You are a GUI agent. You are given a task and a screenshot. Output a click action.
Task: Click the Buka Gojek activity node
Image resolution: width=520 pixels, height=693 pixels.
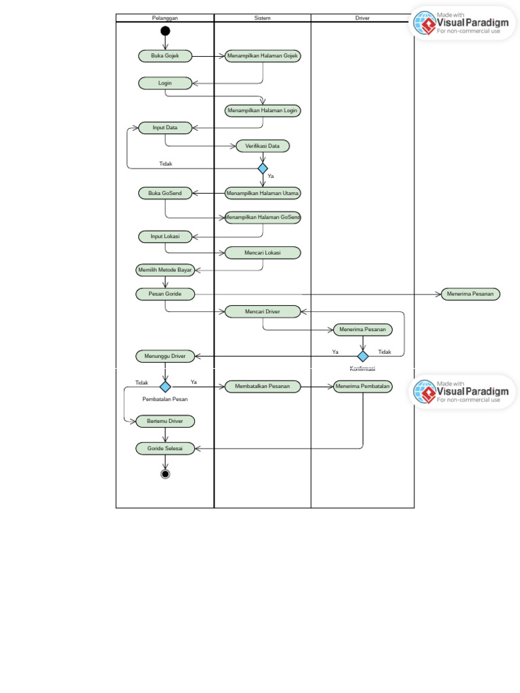[x=165, y=56]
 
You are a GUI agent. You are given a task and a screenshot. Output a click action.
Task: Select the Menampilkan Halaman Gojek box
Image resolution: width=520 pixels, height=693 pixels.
[x=263, y=56]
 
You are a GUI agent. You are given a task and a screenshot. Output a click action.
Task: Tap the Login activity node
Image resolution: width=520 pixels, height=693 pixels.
[x=165, y=83]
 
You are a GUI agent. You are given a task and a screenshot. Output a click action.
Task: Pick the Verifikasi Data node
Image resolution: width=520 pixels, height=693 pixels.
[x=263, y=146]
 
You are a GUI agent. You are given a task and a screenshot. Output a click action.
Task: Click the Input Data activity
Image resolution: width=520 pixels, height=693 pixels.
[x=165, y=127]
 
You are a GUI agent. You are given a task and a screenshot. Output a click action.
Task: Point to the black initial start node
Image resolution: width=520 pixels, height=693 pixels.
[x=165, y=31]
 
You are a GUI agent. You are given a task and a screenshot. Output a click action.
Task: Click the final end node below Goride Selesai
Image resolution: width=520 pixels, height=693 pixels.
[x=165, y=474]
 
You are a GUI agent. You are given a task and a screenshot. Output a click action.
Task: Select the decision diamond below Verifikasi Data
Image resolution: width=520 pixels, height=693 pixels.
[x=263, y=168]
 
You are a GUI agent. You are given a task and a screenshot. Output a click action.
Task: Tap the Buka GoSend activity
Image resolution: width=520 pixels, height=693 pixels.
[x=165, y=193]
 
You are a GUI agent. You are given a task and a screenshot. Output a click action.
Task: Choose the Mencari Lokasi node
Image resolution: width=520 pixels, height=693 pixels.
[x=263, y=252]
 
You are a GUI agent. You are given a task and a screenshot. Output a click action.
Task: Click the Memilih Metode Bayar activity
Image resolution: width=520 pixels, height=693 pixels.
[x=165, y=270]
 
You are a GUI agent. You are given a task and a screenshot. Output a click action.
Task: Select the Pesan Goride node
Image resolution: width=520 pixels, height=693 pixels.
[x=165, y=294]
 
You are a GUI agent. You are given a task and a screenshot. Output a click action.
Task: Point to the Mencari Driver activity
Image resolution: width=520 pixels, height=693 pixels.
[x=263, y=311]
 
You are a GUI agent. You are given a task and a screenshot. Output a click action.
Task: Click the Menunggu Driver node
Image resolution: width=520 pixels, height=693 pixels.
[x=165, y=355]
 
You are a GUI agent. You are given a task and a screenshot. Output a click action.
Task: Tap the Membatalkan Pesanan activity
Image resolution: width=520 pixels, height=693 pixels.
[x=263, y=386]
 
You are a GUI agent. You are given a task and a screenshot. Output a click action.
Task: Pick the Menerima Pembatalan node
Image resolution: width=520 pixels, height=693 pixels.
[x=363, y=386]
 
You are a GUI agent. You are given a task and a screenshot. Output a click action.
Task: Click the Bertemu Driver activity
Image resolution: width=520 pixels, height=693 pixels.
[x=165, y=421]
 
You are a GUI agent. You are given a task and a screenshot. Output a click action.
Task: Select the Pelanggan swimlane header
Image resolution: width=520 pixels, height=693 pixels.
[x=165, y=18]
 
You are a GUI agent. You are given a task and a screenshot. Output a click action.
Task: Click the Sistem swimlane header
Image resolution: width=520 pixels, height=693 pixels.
[x=263, y=18]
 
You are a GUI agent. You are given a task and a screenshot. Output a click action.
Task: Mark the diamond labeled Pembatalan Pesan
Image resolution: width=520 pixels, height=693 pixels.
[x=165, y=386]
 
